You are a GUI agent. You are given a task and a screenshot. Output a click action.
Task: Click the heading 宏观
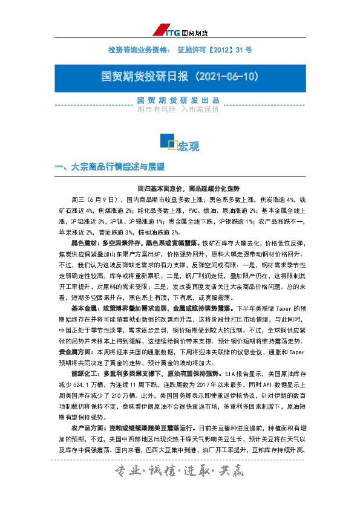coord(188,146)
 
